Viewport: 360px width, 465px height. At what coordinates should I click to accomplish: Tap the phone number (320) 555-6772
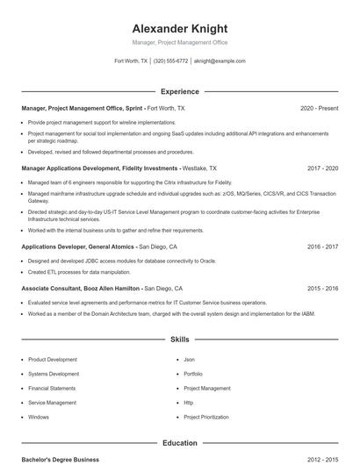pos(170,61)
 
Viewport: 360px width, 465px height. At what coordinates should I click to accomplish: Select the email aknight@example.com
pos(220,61)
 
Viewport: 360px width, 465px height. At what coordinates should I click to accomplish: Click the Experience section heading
pos(180,91)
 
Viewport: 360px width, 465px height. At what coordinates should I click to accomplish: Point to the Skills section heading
pos(180,339)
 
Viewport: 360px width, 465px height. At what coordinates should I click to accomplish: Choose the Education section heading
pos(180,443)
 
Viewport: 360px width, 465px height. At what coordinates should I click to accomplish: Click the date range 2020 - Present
pos(319,108)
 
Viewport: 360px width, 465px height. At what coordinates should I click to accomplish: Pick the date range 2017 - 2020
pos(322,167)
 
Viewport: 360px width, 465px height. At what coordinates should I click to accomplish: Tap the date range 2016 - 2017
pos(322,247)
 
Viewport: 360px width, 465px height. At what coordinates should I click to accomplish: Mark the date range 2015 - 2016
pos(322,288)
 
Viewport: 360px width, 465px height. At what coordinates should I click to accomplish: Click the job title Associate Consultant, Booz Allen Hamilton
pos(81,288)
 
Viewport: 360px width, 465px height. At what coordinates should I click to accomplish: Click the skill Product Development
pos(53,360)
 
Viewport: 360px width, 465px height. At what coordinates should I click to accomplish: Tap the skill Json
pos(189,360)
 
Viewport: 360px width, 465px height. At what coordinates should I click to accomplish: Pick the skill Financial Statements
pos(52,388)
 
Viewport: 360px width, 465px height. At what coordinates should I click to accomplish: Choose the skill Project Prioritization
pos(207,417)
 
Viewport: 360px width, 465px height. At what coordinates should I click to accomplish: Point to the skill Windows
pos(39,417)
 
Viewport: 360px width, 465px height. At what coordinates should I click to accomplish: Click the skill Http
pos(189,403)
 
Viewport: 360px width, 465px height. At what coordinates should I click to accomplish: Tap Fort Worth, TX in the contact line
pos(132,61)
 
